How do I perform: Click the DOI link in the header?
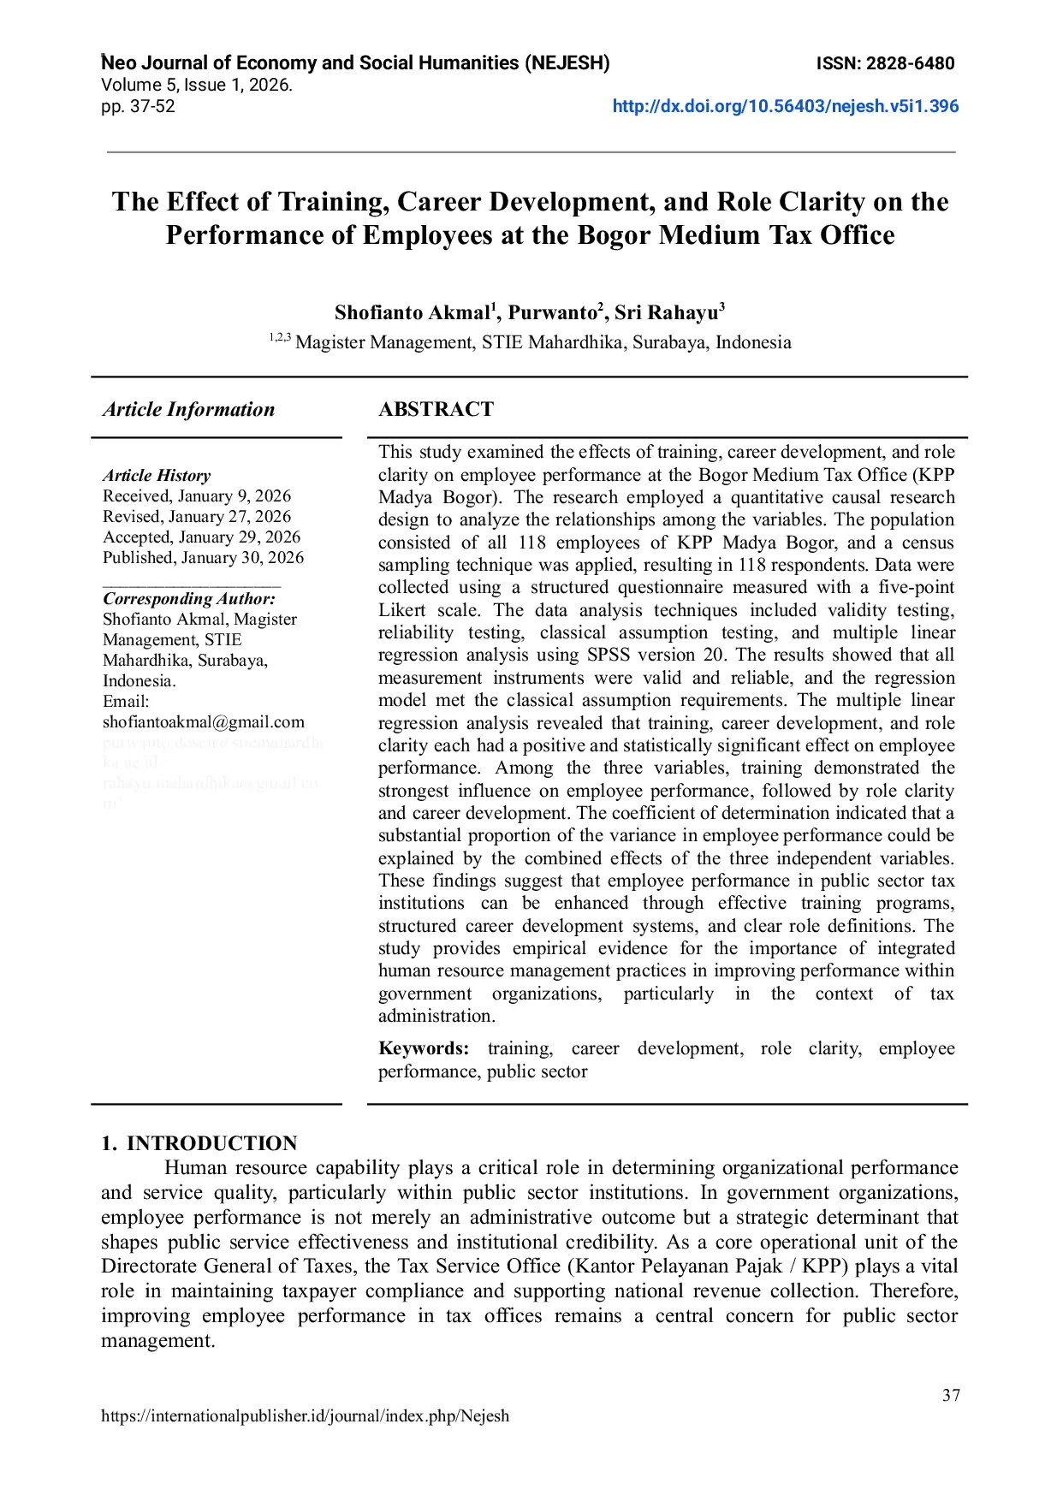(785, 107)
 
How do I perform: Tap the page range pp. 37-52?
(138, 107)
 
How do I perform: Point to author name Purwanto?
(553, 312)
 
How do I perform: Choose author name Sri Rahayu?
(668, 312)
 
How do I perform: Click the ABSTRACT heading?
(436, 409)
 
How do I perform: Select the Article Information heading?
(188, 409)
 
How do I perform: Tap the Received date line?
(197, 496)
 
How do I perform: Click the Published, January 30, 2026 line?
(203, 558)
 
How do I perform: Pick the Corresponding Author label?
(189, 599)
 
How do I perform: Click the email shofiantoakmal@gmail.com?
(204, 722)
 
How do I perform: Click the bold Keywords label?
(424, 1049)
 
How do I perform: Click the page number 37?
(951, 1396)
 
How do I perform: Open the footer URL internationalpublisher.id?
(305, 1416)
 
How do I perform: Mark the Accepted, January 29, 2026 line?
(201, 537)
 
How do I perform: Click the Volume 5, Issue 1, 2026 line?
(197, 86)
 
